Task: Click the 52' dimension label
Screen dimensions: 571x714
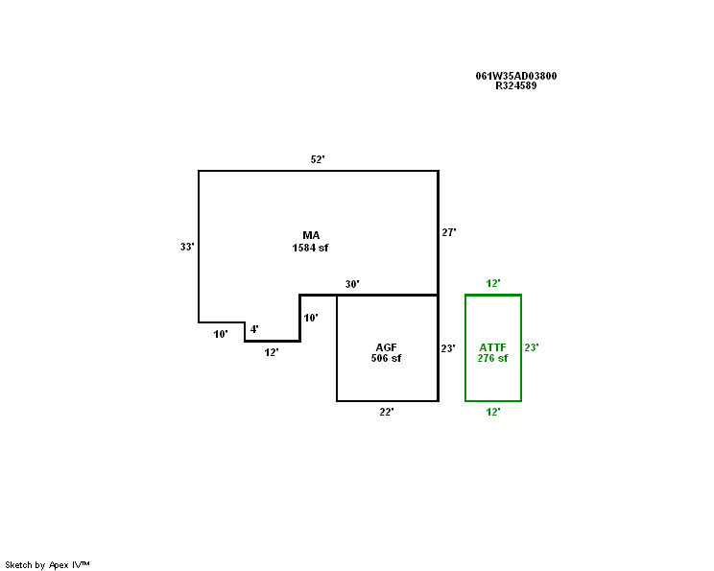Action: [x=318, y=159]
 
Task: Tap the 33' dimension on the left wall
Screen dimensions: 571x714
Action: [x=187, y=247]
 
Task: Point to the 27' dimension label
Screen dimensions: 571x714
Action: [x=448, y=232]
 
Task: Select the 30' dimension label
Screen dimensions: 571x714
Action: [x=352, y=284]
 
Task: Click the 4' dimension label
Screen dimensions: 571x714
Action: [x=254, y=329]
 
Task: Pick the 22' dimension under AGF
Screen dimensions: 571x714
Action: [x=387, y=412]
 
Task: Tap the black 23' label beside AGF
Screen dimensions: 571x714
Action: [x=448, y=348]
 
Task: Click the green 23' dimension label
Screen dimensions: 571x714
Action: [x=532, y=347]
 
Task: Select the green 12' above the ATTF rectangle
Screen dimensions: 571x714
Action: [x=493, y=283]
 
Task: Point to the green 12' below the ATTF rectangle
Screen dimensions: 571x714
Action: [x=493, y=412]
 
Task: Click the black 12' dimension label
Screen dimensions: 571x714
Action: [x=272, y=352]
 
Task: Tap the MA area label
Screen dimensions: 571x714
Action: [x=311, y=235]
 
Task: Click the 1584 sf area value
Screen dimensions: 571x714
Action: [x=311, y=248]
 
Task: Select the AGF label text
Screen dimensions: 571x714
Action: [x=387, y=346]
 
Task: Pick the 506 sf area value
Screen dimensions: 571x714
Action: [x=387, y=358]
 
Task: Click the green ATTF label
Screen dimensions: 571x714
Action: [x=492, y=346]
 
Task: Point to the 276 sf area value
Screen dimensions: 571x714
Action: [x=492, y=358]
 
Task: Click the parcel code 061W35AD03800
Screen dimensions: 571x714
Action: [x=516, y=76]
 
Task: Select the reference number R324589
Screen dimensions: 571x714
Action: [x=516, y=85]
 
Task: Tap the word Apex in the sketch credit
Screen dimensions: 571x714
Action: [x=59, y=565]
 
